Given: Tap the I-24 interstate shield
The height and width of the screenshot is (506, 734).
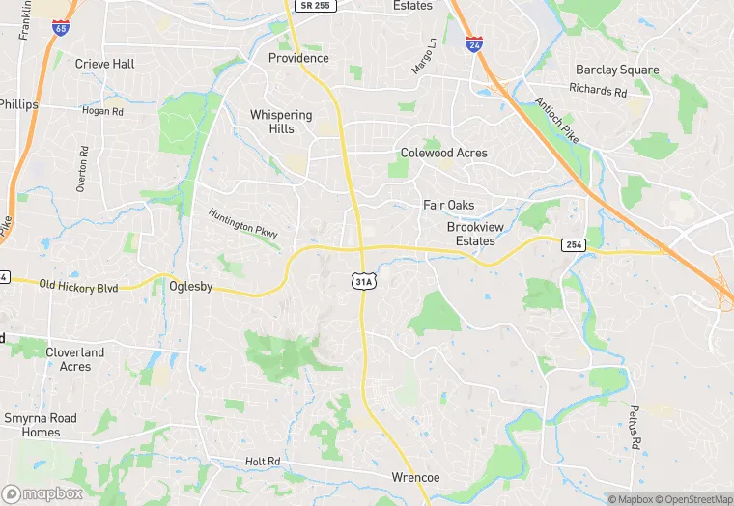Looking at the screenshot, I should point(473,44).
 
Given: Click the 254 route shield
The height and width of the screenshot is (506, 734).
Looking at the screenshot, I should point(574,246).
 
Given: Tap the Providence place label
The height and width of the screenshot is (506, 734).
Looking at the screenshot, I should point(298,58).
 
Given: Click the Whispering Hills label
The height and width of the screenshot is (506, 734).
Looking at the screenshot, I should point(281,122).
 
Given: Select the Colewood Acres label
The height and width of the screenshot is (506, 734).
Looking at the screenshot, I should point(444,153).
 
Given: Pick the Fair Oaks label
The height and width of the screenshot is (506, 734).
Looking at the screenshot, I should point(449,205).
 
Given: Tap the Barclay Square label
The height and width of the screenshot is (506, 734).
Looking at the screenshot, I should point(617,70).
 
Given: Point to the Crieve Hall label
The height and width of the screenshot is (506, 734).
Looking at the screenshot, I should point(105,64).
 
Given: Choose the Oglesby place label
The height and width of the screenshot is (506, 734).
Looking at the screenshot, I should point(190,287).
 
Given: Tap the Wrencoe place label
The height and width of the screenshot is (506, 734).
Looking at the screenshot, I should point(416,478).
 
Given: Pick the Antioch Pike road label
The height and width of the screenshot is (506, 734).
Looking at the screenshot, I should point(556,121).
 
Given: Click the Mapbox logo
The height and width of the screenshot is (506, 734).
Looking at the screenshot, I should point(42,493).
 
